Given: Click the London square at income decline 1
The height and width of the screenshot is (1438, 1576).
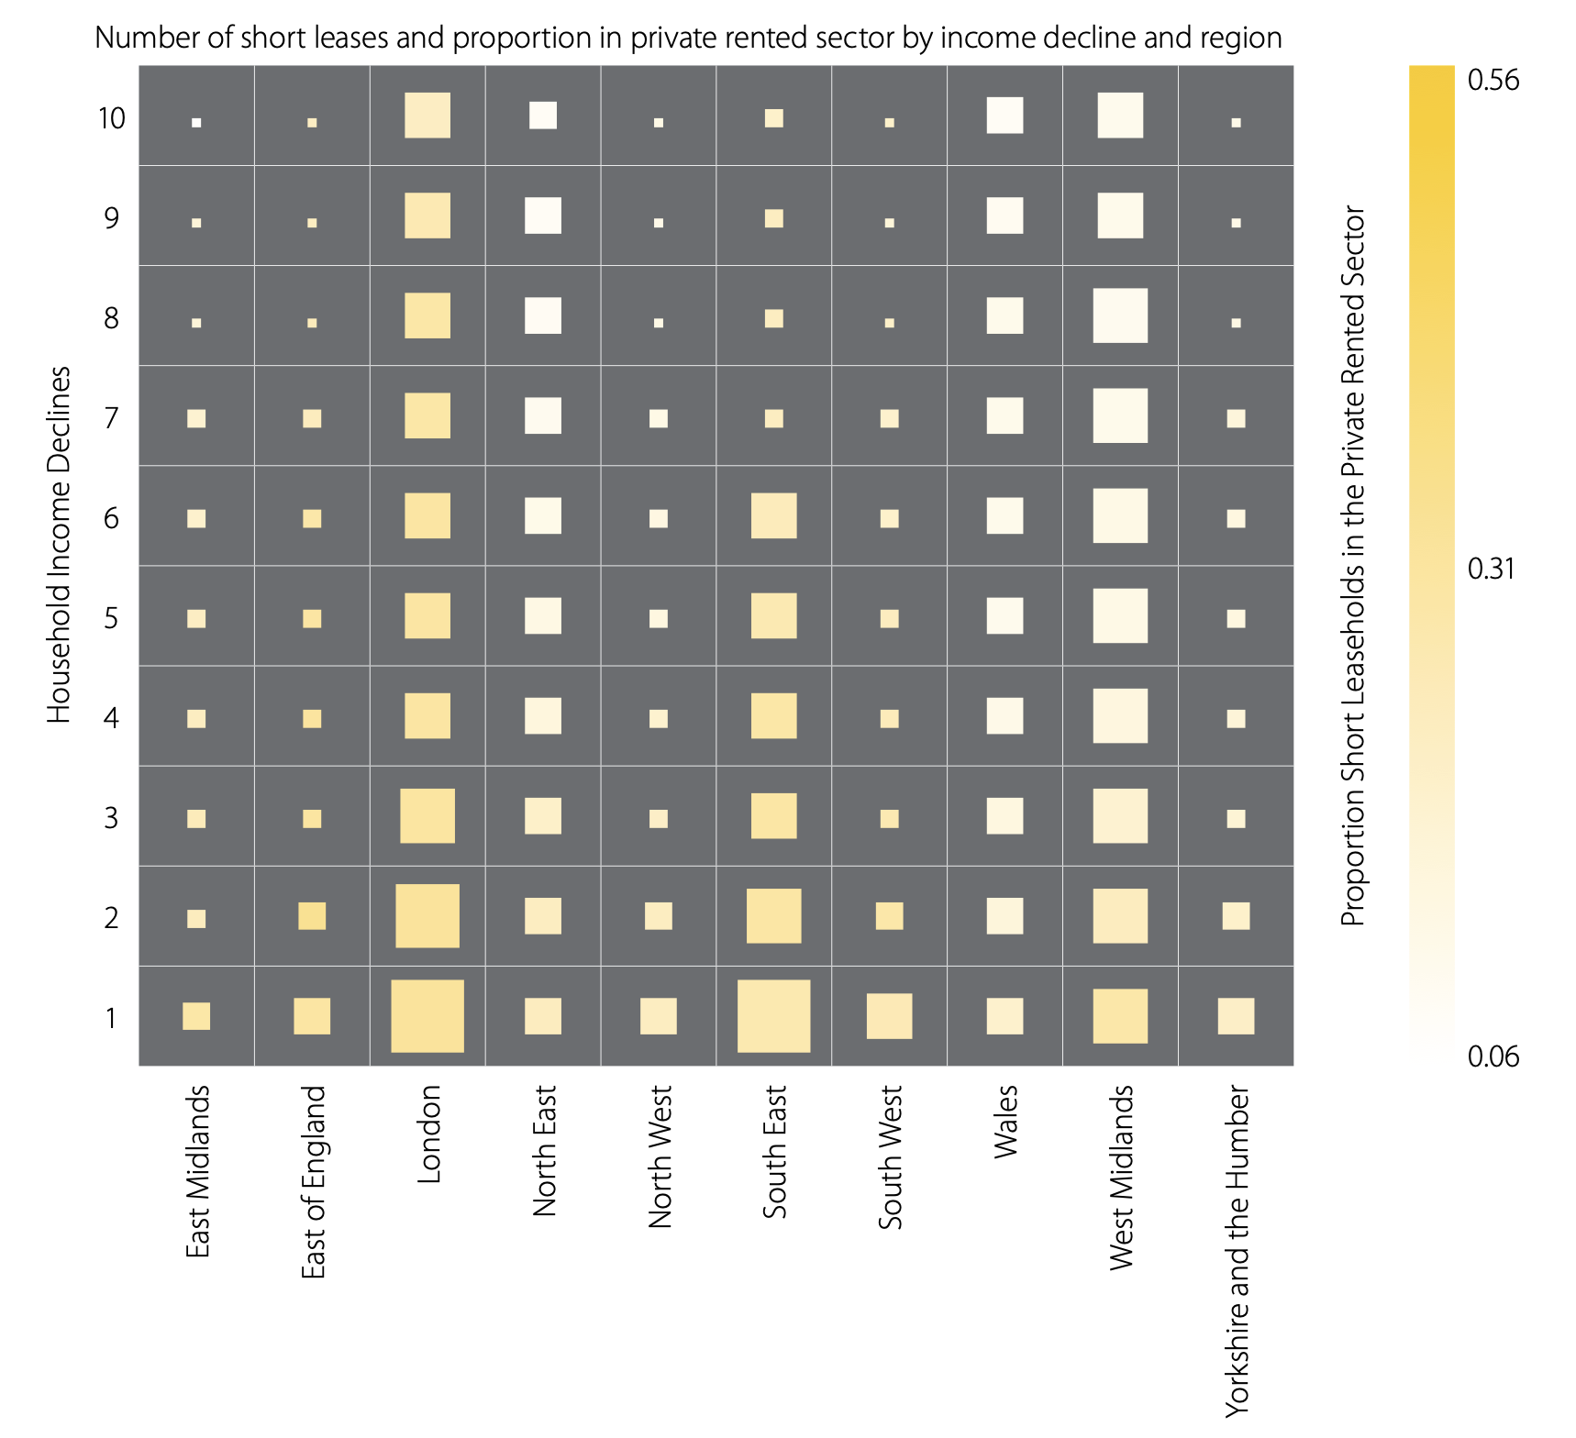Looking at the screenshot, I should coord(427,1016).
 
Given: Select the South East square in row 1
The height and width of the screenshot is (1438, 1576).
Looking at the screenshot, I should coord(773,1016).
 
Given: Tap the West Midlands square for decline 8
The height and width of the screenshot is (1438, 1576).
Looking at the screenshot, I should coord(1120,315).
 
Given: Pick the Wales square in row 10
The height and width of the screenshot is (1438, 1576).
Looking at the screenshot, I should coord(1004,116).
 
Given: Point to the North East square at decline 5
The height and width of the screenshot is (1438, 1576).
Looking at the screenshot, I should coord(543,615).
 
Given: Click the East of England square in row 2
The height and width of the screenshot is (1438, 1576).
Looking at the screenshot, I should coord(312,916).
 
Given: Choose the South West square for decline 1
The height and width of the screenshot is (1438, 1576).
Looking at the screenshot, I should coord(889,1016).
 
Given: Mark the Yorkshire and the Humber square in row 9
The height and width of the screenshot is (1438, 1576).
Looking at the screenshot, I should coord(1236,223).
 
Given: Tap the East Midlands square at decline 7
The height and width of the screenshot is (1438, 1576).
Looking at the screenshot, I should coord(196,418).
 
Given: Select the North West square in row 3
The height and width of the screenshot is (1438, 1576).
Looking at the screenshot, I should coord(659,818).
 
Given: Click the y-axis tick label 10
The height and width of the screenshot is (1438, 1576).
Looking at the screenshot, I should coord(111,118).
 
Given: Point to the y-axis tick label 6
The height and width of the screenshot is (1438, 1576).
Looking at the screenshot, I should coord(111,518).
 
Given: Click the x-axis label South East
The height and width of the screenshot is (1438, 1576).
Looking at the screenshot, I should coord(775,1152).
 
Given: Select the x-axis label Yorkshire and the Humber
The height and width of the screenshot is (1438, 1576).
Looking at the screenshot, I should coord(1237,1251).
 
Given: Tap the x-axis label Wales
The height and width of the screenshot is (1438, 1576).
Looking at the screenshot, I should coord(1006,1122).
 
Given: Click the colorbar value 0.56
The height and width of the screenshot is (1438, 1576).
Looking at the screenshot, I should coord(1493,81).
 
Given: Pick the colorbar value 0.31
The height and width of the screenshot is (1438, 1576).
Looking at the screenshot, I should coord(1493,569).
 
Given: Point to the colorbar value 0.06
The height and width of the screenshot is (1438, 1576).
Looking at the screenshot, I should coord(1493,1056).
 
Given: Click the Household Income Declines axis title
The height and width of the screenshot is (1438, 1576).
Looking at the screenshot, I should coord(59,545).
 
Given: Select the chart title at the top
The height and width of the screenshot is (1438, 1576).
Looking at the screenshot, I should coord(688,38).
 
